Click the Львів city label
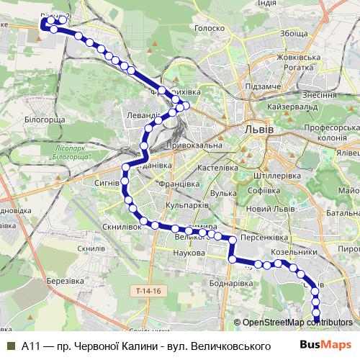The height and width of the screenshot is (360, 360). point(258,130)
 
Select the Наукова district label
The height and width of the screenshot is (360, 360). point(191,253)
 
